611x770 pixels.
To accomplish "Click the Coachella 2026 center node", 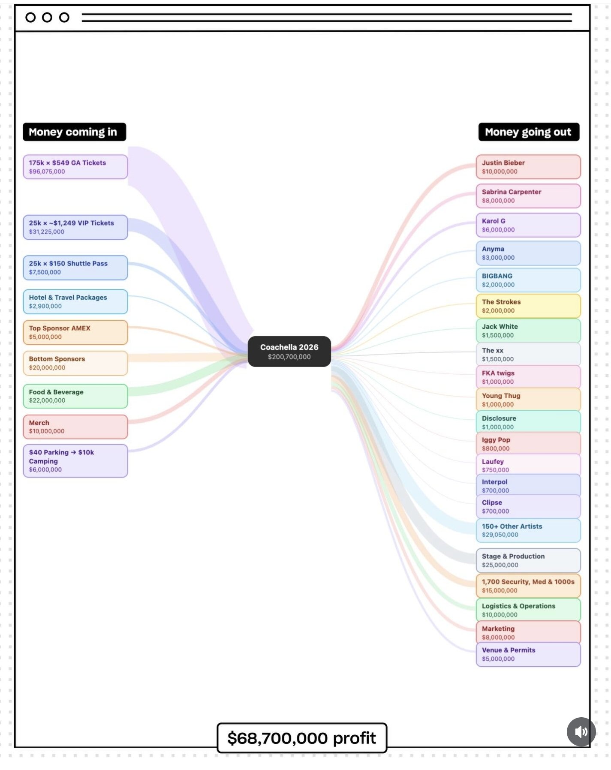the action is coord(289,352).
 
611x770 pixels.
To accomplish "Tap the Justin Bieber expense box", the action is coord(528,167).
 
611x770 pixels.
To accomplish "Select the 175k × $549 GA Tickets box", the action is coord(75,167).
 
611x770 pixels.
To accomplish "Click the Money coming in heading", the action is coord(75,132).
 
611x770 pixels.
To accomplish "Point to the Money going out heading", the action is coord(529,132).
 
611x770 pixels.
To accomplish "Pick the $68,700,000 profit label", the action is coord(302,738).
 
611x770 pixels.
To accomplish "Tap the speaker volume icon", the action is coord(581,731).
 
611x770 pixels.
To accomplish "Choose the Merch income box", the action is coord(75,427).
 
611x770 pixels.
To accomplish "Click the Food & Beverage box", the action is coord(75,396).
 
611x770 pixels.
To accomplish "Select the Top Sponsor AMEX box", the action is coord(75,332).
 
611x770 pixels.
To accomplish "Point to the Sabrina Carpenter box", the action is coord(528,196).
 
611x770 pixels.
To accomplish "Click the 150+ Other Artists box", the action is coord(528,530).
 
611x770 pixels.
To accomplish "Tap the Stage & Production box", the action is coord(528,560).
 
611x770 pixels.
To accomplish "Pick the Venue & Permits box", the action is coord(528,654).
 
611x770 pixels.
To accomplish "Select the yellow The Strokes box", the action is coord(528,306).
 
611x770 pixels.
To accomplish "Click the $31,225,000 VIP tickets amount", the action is coord(47,232).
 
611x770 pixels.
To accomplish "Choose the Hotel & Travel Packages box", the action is coord(75,302).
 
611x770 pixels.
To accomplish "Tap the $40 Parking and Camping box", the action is coord(75,461).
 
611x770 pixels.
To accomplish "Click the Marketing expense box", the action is coord(528,632).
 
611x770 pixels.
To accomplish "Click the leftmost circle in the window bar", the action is coord(30,18).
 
